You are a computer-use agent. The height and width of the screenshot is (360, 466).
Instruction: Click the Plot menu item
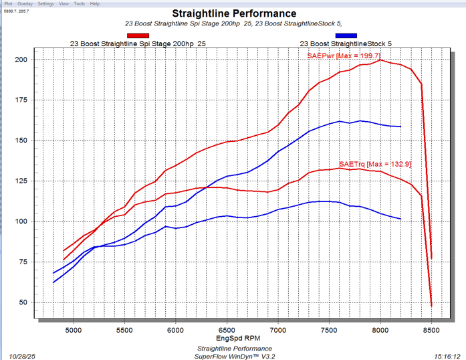[7, 3]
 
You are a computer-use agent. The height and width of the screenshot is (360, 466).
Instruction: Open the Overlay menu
[25, 3]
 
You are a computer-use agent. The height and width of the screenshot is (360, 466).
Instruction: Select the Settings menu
[45, 3]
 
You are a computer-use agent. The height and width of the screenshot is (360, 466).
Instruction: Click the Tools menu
[79, 3]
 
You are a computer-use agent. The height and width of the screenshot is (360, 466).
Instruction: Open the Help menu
[95, 3]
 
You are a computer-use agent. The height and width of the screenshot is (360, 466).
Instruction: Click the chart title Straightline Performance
[234, 13]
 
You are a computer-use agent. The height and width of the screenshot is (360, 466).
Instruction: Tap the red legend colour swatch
[138, 35]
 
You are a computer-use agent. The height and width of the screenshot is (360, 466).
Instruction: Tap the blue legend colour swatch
[346, 35]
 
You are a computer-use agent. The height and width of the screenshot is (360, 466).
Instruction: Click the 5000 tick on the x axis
[73, 329]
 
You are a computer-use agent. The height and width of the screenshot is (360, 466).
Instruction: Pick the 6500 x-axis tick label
[227, 329]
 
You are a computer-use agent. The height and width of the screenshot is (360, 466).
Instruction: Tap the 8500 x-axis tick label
[431, 329]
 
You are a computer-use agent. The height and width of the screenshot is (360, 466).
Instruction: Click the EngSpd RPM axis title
[233, 339]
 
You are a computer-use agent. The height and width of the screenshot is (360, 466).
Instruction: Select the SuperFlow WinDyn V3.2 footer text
[234, 356]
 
